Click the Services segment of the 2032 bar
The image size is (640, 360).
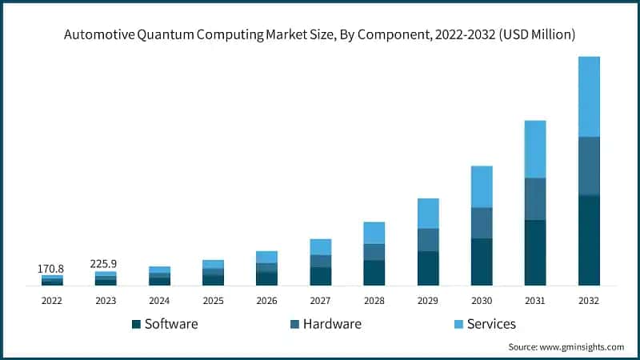[589, 96]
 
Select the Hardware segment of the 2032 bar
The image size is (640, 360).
[589, 166]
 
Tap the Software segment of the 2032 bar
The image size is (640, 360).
[589, 240]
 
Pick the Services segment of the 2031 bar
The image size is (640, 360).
[535, 149]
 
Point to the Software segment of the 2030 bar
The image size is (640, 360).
[482, 262]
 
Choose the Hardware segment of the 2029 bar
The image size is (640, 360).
[428, 240]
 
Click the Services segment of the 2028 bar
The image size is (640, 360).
[374, 233]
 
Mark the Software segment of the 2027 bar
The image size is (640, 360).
[321, 276]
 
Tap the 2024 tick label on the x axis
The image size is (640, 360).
[159, 300]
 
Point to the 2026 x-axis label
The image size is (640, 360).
[266, 300]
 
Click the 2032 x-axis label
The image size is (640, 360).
[589, 300]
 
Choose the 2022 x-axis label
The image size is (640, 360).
[52, 300]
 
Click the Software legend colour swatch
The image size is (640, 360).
[136, 324]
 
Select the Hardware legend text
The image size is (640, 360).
[332, 324]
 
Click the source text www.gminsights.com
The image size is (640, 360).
[583, 347]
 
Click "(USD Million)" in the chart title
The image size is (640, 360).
[535, 34]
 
